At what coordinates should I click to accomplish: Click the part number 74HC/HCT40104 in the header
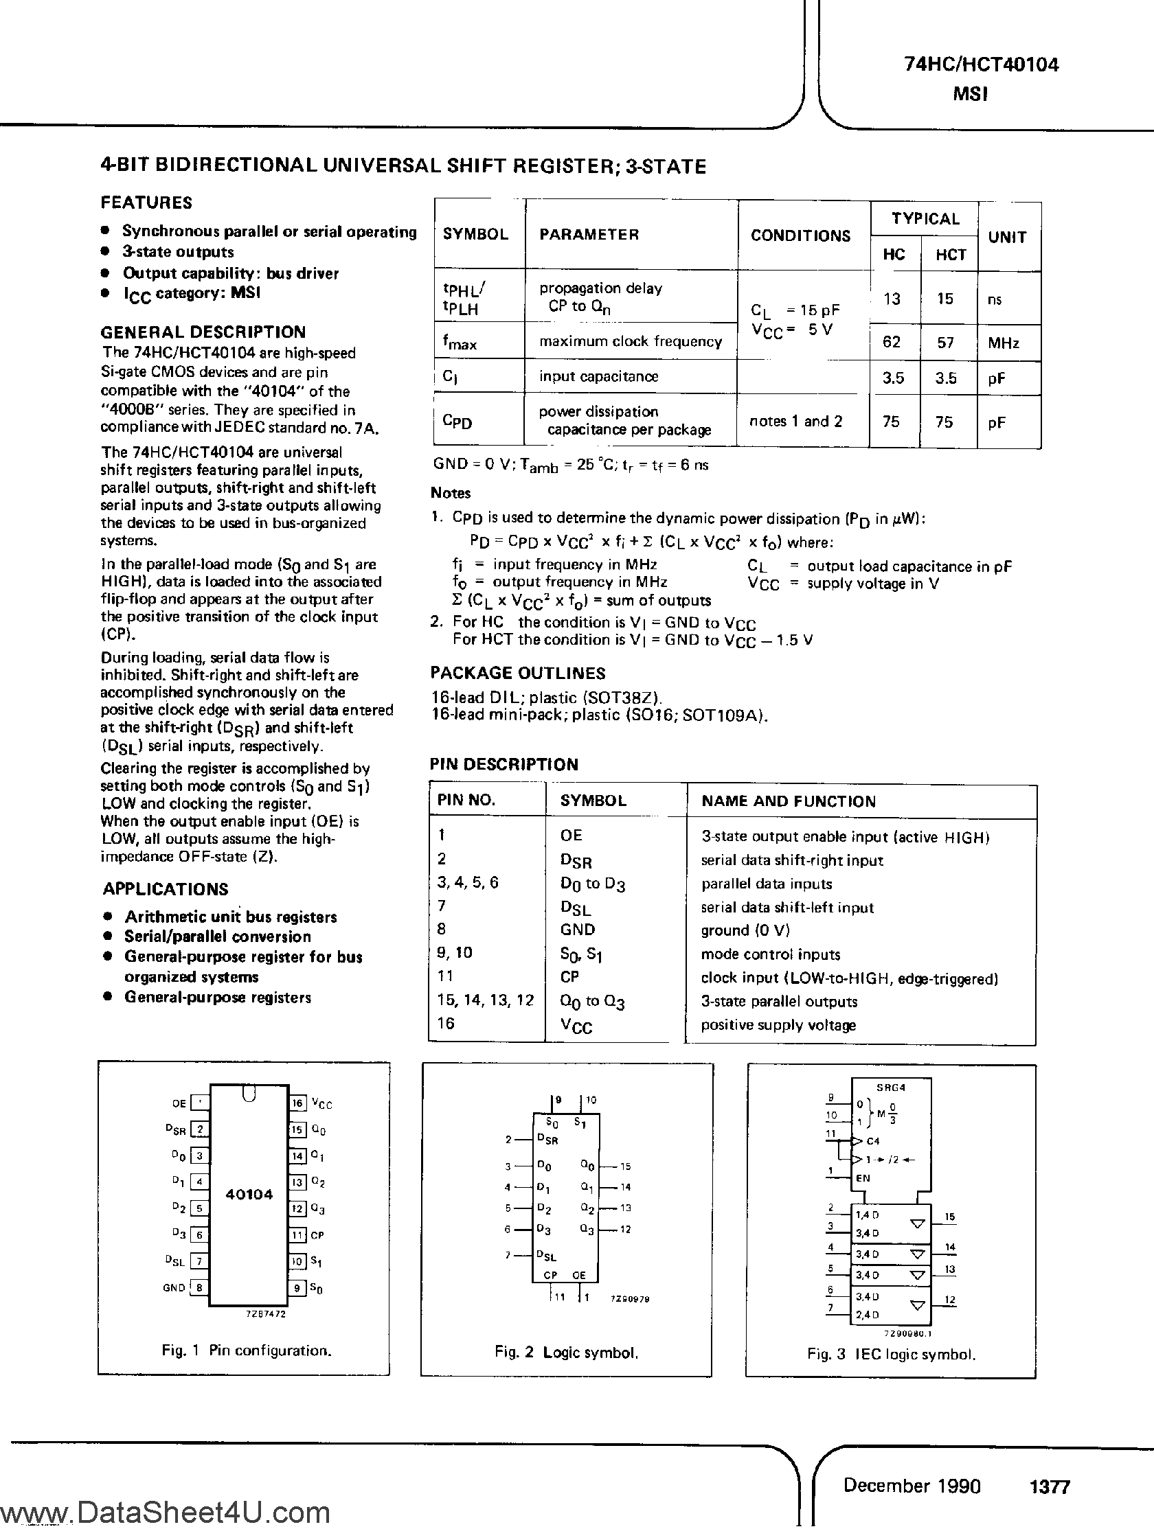981,65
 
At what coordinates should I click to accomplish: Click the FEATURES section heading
146,203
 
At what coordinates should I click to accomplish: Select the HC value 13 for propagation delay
892,299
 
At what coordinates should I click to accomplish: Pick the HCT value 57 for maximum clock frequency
945,343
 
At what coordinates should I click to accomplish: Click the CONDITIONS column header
800,235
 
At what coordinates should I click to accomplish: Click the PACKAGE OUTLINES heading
518,674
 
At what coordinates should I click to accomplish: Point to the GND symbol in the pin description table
578,930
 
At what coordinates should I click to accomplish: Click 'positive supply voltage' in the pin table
778,1025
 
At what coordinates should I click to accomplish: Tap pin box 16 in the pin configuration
297,1103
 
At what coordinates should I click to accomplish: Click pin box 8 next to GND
199,1288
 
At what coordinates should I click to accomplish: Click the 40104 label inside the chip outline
249,1195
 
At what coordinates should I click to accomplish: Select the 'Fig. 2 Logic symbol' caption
565,1353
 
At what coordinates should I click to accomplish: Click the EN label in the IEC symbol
863,1179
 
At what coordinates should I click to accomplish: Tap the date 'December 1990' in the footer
912,1486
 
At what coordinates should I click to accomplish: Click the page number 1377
1050,1487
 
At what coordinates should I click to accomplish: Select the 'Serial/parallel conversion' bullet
217,936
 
